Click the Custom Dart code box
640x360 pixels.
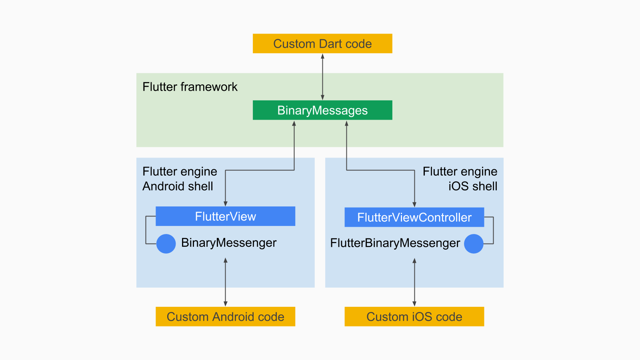[x=322, y=44]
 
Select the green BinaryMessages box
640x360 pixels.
[x=322, y=110]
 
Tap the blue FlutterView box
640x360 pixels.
[x=225, y=216]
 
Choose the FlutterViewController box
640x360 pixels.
[x=414, y=217]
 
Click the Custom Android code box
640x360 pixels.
[x=225, y=317]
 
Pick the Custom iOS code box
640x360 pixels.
[x=414, y=317]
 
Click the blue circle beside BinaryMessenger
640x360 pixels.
[x=166, y=244]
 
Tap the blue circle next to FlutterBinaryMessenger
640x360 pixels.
[x=474, y=244]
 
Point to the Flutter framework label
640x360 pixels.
[x=190, y=87]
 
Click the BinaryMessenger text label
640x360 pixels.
[x=229, y=243]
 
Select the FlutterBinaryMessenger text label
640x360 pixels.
[x=395, y=243]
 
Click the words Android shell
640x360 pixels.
[x=178, y=186]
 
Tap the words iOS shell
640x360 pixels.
[x=473, y=186]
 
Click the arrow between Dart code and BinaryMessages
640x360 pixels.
[x=322, y=77]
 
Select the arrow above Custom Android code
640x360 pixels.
[x=226, y=282]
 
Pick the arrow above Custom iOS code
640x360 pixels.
[x=414, y=282]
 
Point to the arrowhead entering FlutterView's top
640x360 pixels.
[x=226, y=204]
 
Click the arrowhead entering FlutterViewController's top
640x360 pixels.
[x=414, y=204]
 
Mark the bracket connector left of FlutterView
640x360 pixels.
[x=146, y=230]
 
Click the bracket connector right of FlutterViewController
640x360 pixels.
[x=493, y=230]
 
